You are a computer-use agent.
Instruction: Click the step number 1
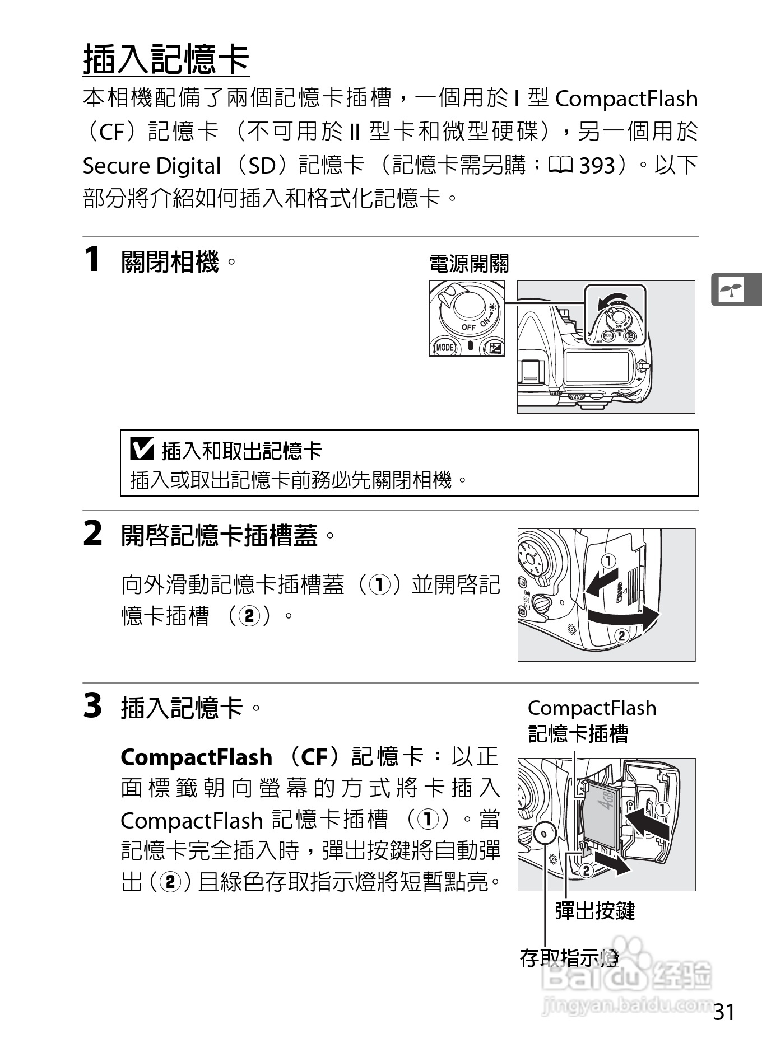[x=92, y=260]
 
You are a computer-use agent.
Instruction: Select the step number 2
[x=93, y=533]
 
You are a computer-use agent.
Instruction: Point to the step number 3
[x=93, y=705]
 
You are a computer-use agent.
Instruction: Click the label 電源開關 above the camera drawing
[x=468, y=264]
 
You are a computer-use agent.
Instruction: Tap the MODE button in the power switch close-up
[x=444, y=348]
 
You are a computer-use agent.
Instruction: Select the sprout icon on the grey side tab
[x=731, y=289]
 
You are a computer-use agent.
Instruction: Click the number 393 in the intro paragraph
[x=597, y=166]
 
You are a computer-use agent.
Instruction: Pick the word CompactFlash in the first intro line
[x=626, y=99]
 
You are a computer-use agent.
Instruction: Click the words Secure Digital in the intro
[x=151, y=166]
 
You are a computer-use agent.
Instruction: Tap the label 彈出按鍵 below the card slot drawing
[x=594, y=911]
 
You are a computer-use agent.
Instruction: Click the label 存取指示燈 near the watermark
[x=569, y=958]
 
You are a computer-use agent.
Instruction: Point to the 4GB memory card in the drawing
[x=600, y=817]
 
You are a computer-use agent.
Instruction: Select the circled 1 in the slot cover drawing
[x=608, y=560]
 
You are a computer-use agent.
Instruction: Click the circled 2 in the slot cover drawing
[x=621, y=635]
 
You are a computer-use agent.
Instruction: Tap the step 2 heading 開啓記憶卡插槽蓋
[x=219, y=535]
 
